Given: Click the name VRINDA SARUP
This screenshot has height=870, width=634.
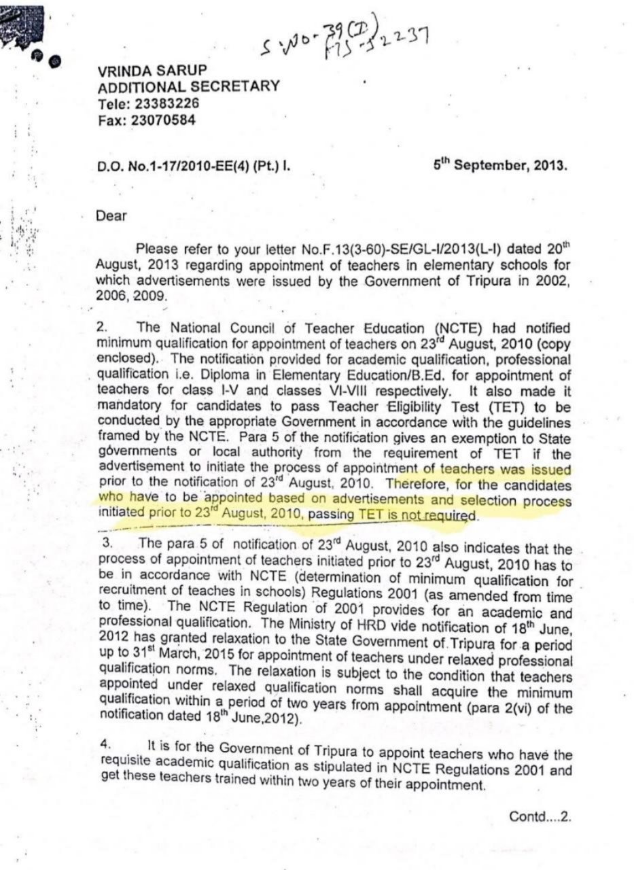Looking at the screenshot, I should pyautogui.click(x=152, y=71).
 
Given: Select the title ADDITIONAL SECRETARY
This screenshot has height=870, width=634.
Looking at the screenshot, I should pyautogui.click(x=188, y=86).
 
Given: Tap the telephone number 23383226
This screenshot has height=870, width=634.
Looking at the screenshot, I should pyautogui.click(x=164, y=103).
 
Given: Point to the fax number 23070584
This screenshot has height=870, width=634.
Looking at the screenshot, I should pyautogui.click(x=163, y=120).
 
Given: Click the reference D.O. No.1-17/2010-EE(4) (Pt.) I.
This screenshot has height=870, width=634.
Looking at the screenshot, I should pyautogui.click(x=198, y=164).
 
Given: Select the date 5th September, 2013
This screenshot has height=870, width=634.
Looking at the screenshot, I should pyautogui.click(x=500, y=164).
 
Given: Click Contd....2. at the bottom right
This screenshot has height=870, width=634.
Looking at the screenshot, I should pyautogui.click(x=540, y=816).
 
